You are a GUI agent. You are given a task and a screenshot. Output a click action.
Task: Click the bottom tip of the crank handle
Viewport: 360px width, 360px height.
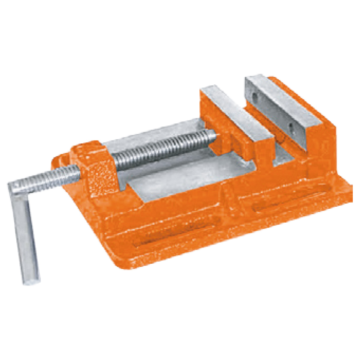[x=31, y=279]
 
